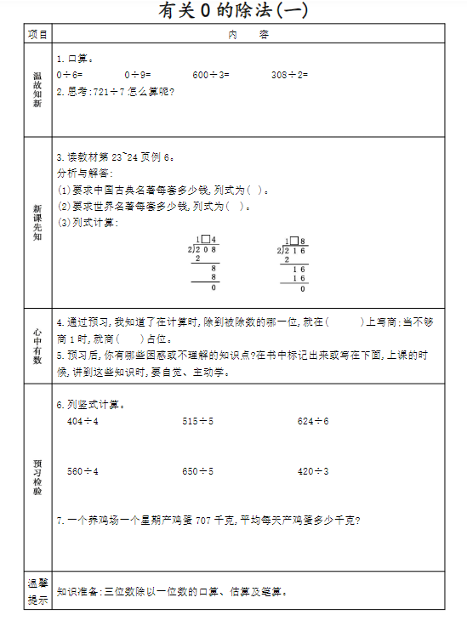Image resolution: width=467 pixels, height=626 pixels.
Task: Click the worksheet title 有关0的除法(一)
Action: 233,11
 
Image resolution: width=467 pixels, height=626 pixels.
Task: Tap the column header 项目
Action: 37,35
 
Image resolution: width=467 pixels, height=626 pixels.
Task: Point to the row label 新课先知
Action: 37,222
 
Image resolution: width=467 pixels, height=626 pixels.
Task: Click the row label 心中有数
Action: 37,346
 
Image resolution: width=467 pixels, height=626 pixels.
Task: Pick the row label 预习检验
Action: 37,476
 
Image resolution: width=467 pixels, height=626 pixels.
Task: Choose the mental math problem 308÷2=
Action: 290,75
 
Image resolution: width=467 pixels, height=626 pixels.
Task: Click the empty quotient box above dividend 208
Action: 205,240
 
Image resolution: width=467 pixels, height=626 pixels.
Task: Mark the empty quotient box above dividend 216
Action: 293,240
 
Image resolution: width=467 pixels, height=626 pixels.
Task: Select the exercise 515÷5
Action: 197,422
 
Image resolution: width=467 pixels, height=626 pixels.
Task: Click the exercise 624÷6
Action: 313,422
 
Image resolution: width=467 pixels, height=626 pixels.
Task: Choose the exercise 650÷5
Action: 197,471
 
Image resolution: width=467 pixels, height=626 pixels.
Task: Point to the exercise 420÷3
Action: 313,471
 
